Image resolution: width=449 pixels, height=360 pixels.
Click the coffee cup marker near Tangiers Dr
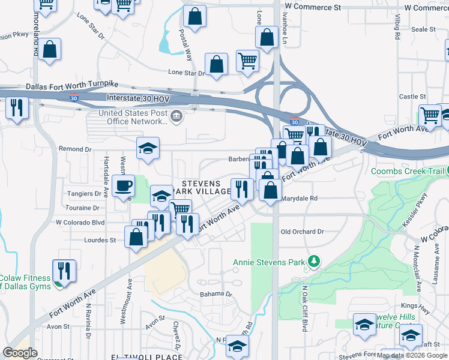click(x=124, y=185)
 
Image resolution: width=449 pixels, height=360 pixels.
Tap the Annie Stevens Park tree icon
click(x=312, y=261)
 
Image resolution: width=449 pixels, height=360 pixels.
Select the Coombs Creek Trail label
click(x=408, y=171)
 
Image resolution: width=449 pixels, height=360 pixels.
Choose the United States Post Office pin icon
click(x=176, y=116)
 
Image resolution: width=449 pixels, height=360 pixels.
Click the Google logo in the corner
click(x=20, y=352)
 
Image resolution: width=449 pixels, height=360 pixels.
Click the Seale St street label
click(x=423, y=29)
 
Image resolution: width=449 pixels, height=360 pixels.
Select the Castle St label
click(x=412, y=96)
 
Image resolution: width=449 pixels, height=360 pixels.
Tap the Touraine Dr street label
click(x=84, y=208)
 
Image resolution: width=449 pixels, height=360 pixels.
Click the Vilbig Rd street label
click(x=397, y=28)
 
